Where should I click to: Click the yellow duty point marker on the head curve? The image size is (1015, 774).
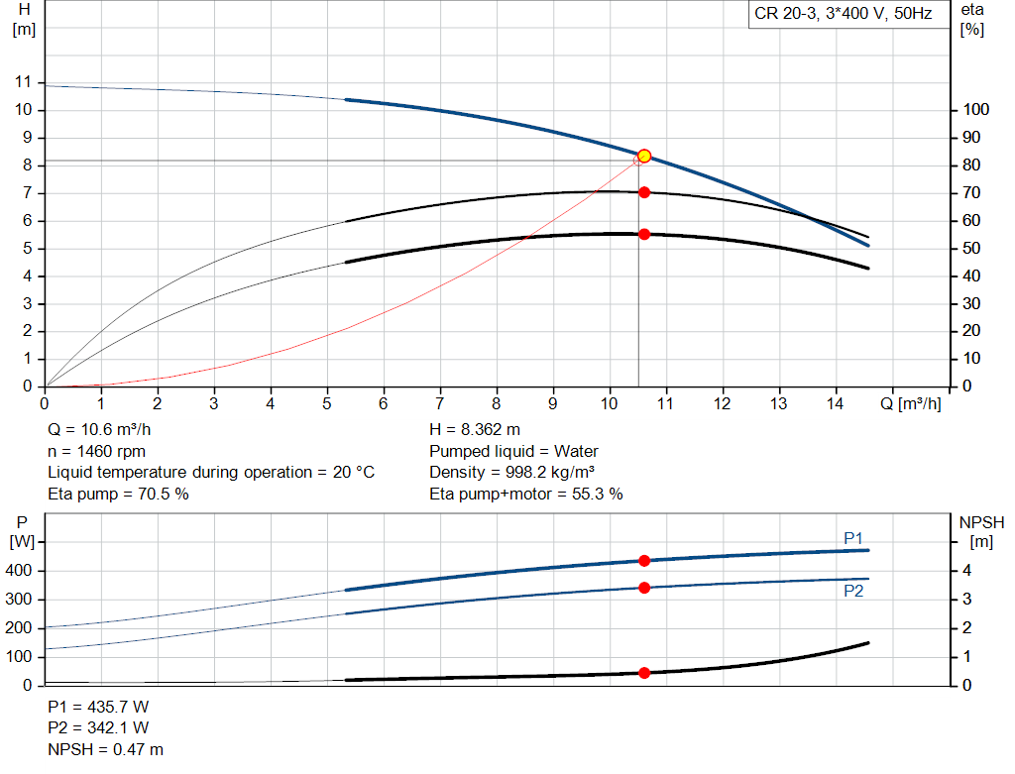tap(644, 156)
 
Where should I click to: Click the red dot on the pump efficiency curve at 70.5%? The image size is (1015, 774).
tap(644, 192)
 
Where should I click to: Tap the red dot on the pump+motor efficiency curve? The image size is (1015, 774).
tap(644, 234)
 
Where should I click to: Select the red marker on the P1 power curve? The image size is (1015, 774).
tap(644, 561)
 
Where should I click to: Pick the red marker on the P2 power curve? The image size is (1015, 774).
tap(644, 588)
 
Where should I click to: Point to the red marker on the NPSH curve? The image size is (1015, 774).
tap(644, 673)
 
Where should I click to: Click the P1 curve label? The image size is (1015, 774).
tap(853, 537)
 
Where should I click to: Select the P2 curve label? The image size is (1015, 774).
tap(853, 591)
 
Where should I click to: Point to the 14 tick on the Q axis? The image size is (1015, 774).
tap(836, 404)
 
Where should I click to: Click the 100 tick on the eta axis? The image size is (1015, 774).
tap(975, 109)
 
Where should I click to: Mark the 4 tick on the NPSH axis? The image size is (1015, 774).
tap(967, 571)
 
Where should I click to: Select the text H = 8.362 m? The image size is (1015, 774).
tap(475, 429)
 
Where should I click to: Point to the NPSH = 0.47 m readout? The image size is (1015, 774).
tap(106, 749)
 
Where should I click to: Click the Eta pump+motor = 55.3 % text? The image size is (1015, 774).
tap(526, 494)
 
